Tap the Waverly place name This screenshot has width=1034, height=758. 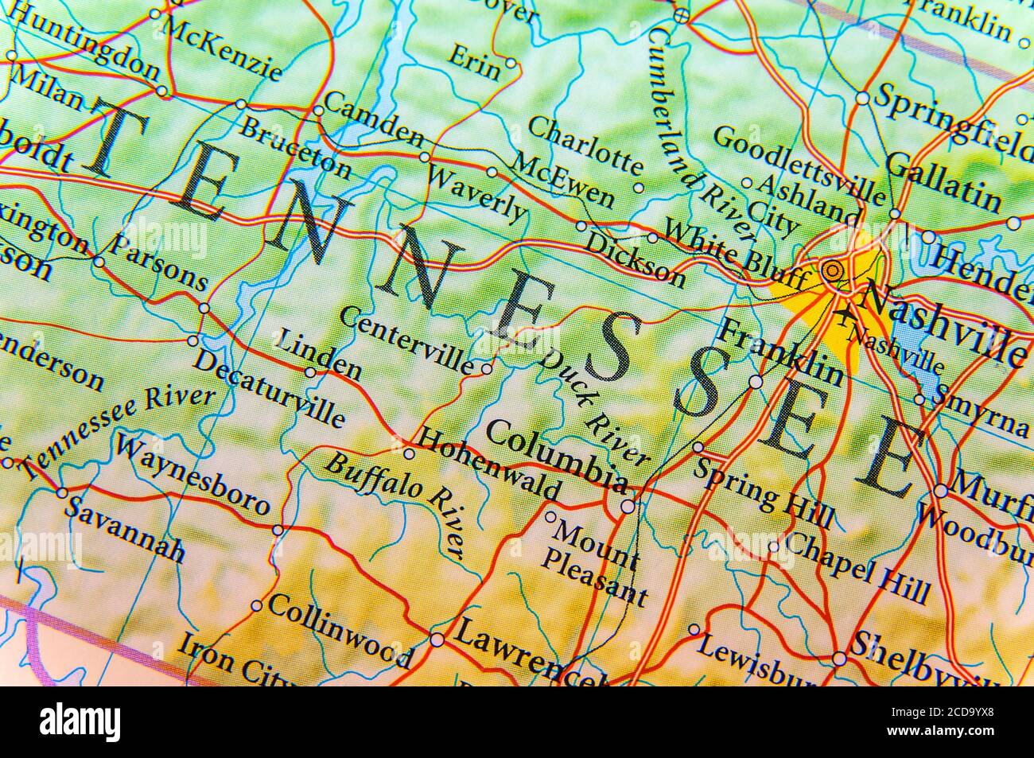(476, 193)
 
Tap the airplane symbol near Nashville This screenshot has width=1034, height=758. (843, 315)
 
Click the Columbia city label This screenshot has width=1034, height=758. (555, 454)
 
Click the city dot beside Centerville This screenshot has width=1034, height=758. (487, 368)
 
